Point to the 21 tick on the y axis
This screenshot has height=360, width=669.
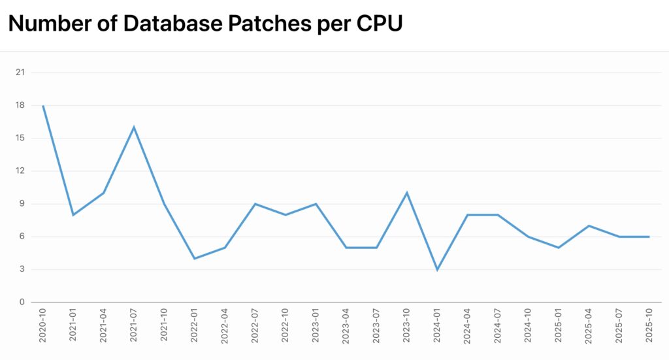pyautogui.click(x=20, y=73)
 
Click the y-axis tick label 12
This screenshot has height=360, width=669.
pyautogui.click(x=20, y=171)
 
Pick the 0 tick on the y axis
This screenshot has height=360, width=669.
pyautogui.click(x=22, y=303)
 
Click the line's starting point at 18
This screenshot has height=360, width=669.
pyautogui.click(x=43, y=105)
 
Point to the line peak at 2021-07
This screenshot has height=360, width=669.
pyautogui.click(x=134, y=127)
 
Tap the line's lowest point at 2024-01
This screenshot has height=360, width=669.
pyautogui.click(x=437, y=269)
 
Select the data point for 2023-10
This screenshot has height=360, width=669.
pyautogui.click(x=406, y=193)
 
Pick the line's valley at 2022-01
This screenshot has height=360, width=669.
pyautogui.click(x=195, y=259)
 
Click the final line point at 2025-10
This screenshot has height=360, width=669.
pyautogui.click(x=649, y=237)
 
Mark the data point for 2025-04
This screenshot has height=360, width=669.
pyautogui.click(x=589, y=225)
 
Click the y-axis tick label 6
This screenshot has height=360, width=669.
pyautogui.click(x=22, y=237)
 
